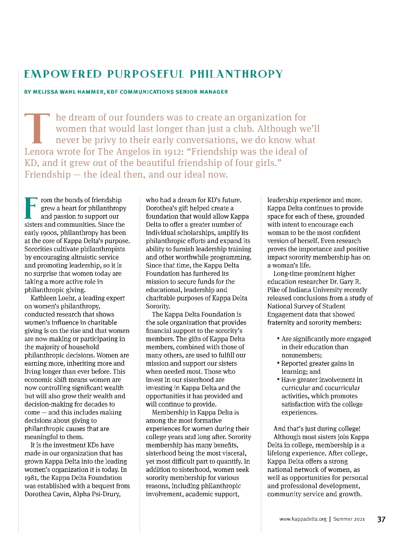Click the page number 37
pos(381,519)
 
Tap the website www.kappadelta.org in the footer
pos(303,519)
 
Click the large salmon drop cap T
pos(37,129)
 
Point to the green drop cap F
pos(31,208)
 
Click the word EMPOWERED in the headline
pos(63,74)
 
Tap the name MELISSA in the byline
pos(45,92)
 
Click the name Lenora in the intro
pos(39,152)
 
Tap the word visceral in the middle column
pos(233,453)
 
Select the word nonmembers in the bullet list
pos(301,355)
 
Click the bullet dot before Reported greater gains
pos(278,363)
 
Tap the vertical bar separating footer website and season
pos(330,519)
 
